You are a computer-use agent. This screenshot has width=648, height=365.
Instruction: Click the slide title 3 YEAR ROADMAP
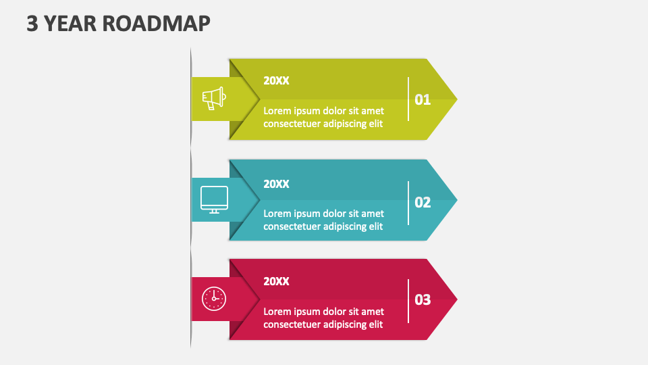pos(118,23)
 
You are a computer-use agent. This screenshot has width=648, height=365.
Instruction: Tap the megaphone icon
pos(213,99)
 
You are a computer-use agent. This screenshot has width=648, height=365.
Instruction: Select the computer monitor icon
pos(214,199)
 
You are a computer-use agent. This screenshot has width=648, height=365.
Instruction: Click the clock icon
pos(214,298)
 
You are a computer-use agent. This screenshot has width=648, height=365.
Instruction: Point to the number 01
pos(423,100)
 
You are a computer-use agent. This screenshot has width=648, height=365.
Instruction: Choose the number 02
pos(423,202)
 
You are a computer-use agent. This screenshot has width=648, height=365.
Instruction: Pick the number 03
pos(423,299)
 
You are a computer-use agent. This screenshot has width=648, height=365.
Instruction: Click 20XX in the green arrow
pos(276,80)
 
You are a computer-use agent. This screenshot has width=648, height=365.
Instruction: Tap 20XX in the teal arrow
pos(276,184)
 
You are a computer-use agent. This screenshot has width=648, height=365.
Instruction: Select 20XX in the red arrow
pos(276,281)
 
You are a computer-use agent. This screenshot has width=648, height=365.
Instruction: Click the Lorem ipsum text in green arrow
pos(323,117)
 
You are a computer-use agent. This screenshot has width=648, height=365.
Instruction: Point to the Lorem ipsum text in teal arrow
pos(323,220)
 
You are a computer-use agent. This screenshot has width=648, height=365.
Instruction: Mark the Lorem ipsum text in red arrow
pos(323,318)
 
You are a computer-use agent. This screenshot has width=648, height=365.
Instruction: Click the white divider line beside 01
pos(408,99)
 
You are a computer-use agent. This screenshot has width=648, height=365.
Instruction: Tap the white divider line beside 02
pos(408,203)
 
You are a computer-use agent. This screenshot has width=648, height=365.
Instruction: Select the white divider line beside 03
pos(408,301)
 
